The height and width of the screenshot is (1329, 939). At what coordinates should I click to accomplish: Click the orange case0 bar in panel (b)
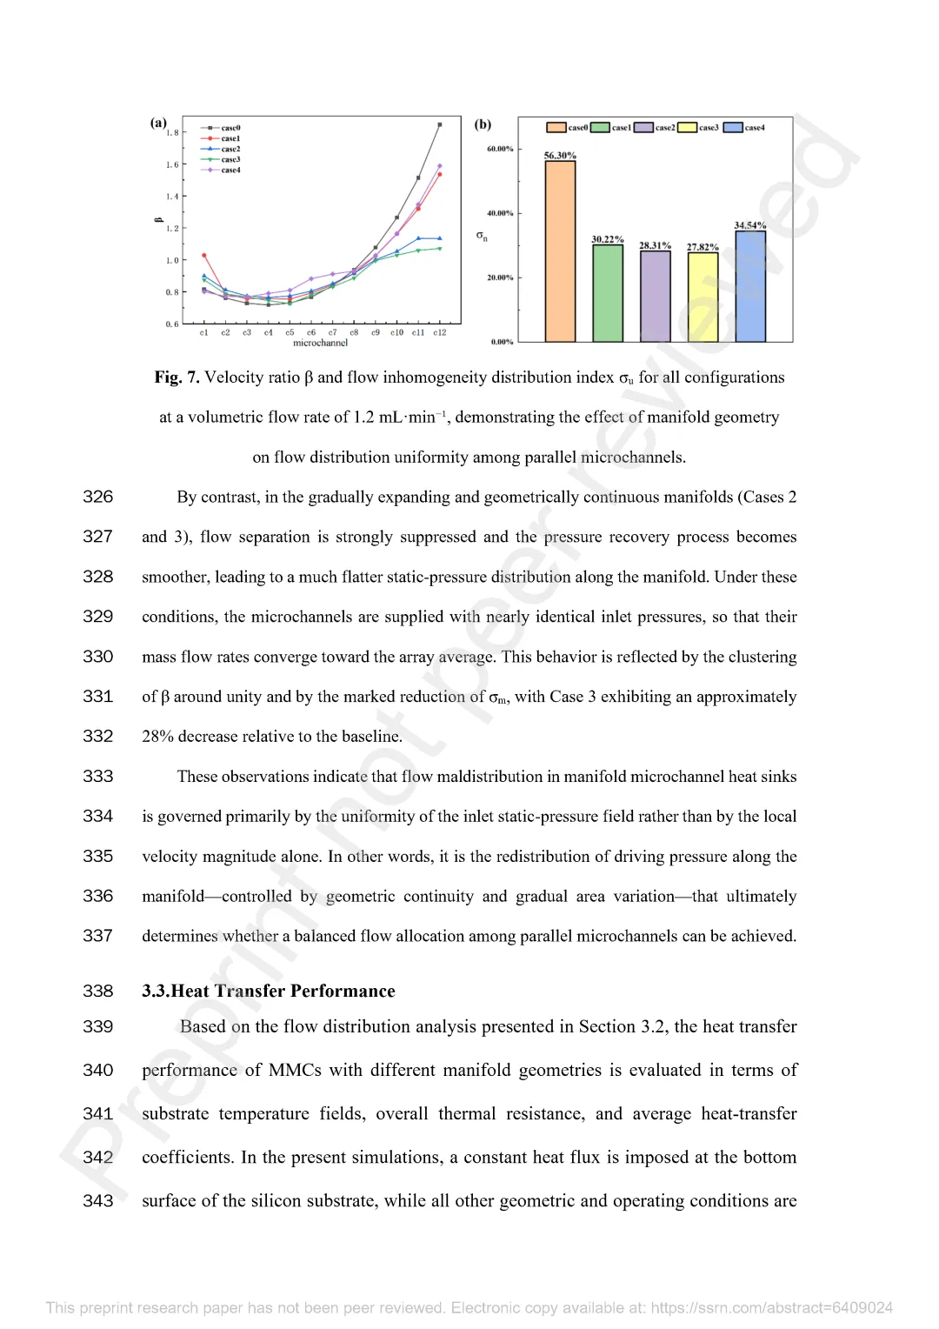[560, 251]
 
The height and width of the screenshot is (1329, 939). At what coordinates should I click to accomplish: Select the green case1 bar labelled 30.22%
[608, 293]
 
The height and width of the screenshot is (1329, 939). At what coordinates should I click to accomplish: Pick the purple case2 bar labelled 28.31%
[656, 296]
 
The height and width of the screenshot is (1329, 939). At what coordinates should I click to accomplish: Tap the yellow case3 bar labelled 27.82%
[703, 297]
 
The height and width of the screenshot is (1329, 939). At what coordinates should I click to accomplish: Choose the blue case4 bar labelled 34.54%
[750, 286]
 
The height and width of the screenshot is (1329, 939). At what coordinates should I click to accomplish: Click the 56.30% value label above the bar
[560, 156]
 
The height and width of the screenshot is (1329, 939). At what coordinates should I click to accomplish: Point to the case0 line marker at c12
[440, 124]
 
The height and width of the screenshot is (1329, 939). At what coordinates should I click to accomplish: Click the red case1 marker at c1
[204, 256]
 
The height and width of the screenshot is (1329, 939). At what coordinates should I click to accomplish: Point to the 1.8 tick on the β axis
[172, 133]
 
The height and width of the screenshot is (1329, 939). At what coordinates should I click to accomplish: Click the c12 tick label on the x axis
[440, 333]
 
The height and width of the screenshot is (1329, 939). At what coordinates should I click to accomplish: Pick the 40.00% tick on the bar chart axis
[500, 213]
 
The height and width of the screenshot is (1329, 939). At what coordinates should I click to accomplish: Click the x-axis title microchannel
[320, 343]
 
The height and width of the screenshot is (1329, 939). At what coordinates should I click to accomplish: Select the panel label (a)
[158, 124]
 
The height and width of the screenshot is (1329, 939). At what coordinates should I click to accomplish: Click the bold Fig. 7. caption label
[176, 377]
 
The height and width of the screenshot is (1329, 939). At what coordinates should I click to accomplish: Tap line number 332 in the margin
[98, 737]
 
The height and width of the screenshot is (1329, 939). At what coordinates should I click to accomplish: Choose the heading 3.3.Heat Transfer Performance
[269, 992]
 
